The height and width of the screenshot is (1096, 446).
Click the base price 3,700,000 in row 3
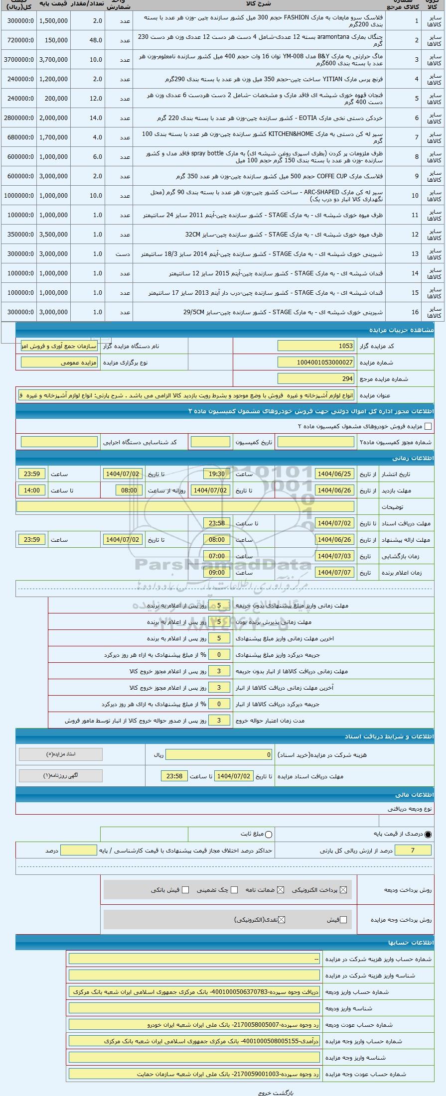pyautogui.click(x=53, y=60)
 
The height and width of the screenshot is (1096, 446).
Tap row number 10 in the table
pyautogui.click(x=415, y=196)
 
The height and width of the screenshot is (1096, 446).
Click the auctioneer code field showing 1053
pyautogui.click(x=316, y=346)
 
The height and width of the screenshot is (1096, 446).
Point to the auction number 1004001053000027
pyautogui.click(x=316, y=363)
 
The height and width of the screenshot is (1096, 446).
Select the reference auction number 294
pyautogui.click(x=316, y=379)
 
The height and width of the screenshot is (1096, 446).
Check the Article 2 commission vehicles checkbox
pyautogui.click(x=428, y=426)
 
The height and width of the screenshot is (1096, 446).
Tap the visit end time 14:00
pyautogui.click(x=32, y=490)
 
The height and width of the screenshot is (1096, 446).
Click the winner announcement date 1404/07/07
pyautogui.click(x=334, y=573)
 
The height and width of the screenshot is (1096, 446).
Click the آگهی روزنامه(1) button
pyautogui.click(x=60, y=776)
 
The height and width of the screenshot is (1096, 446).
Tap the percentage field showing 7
pyautogui.click(x=412, y=851)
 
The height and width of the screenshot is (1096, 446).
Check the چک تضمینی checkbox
pyautogui.click(x=234, y=890)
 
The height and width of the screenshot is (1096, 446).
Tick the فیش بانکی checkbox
pyautogui.click(x=185, y=890)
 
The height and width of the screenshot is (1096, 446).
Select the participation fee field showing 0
pyautogui.click(x=219, y=755)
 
